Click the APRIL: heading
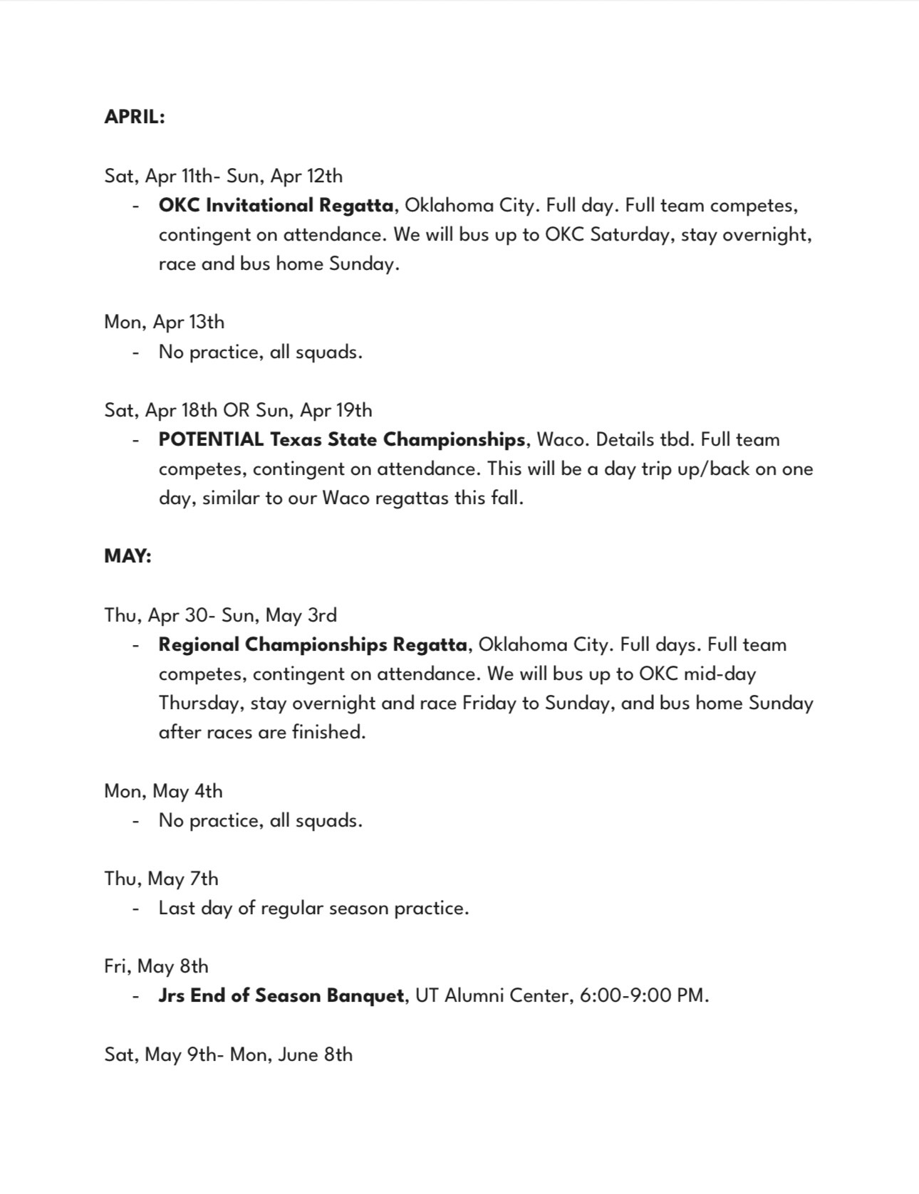coord(135,117)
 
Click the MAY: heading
coord(128,556)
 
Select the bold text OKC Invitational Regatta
coord(276,206)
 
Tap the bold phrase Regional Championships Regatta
coord(313,645)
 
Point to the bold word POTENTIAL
coord(211,440)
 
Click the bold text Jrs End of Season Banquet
coord(281,995)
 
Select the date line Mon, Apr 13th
coord(164,323)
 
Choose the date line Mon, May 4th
coord(163,791)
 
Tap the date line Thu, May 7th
coord(161,879)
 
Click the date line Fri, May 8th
coord(156,966)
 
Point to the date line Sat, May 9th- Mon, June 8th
coord(228,1054)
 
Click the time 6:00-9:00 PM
coord(643,995)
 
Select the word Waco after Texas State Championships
coord(561,440)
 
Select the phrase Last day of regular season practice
coord(313,908)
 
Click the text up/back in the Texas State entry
coord(713,469)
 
